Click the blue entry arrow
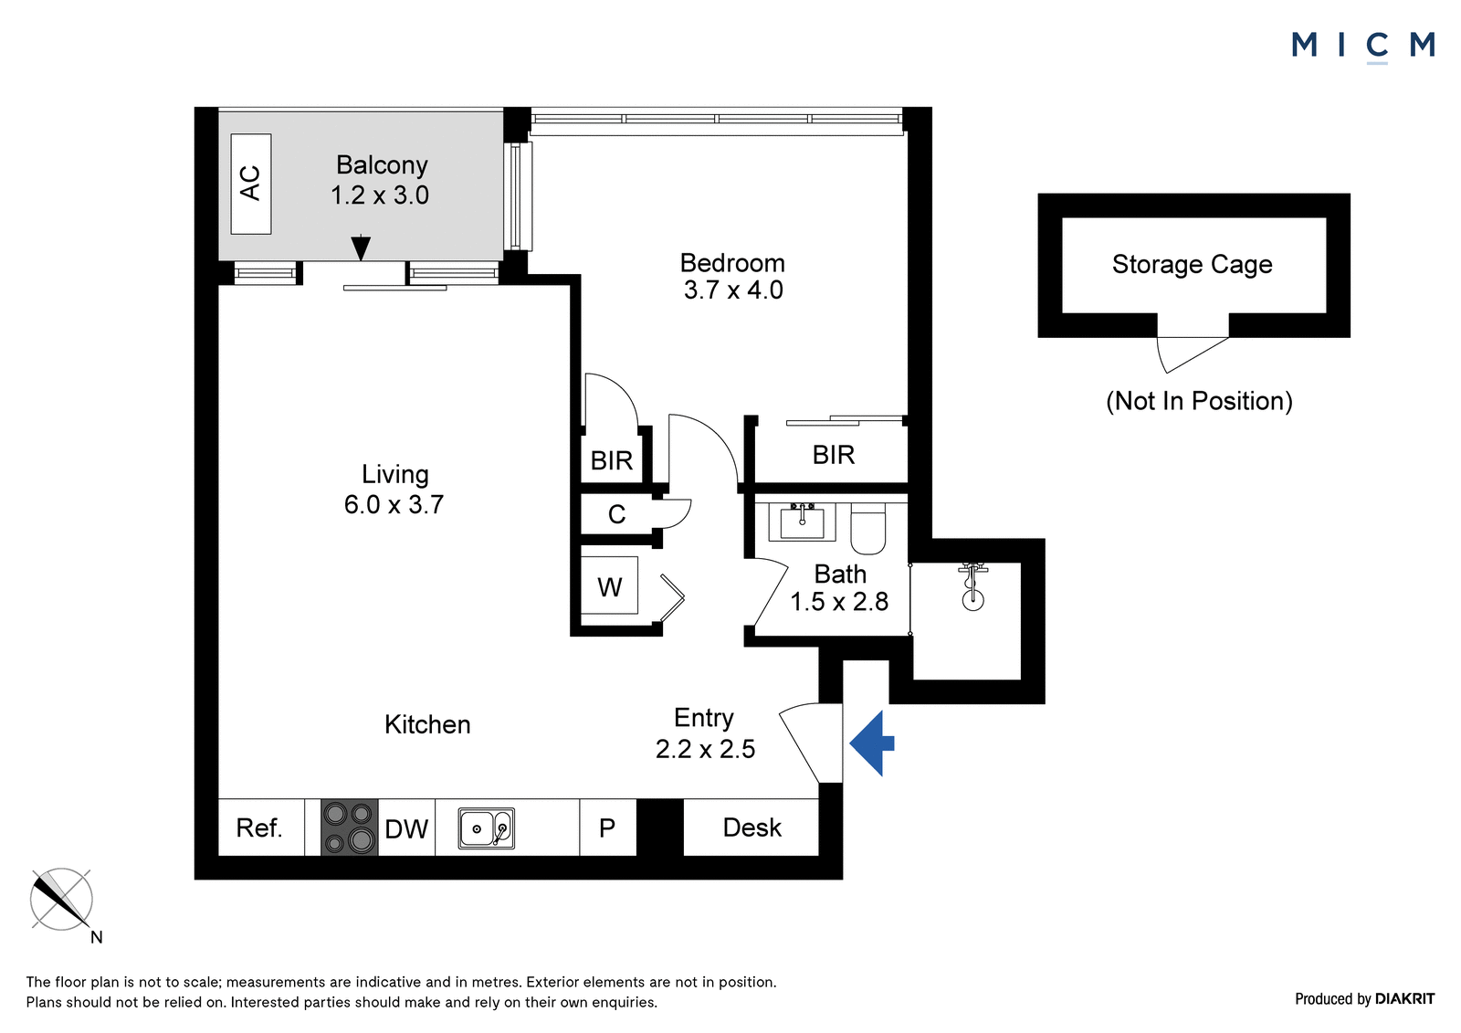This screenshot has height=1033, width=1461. pos(872,743)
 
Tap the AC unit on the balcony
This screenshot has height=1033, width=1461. pos(251,184)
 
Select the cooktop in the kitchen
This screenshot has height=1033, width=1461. pos(349,827)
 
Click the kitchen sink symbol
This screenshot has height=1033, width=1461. pos(486,828)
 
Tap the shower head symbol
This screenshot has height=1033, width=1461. pos(972,587)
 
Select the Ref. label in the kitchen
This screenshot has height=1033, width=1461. pos(259,828)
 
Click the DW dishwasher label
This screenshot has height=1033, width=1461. pos(406,828)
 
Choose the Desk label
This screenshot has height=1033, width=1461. pos(752,827)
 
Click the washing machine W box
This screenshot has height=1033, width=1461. pos(609,585)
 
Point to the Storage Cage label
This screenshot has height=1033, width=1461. pos(1193,264)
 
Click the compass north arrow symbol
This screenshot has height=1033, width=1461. pos(61,900)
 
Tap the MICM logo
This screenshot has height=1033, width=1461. pos(1363,46)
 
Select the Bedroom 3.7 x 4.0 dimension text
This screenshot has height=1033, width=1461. pos(733,290)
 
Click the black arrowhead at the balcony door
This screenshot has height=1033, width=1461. pos(361,248)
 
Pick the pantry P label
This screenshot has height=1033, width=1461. pos(607,828)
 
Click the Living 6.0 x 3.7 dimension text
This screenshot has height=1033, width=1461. pos(394,504)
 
